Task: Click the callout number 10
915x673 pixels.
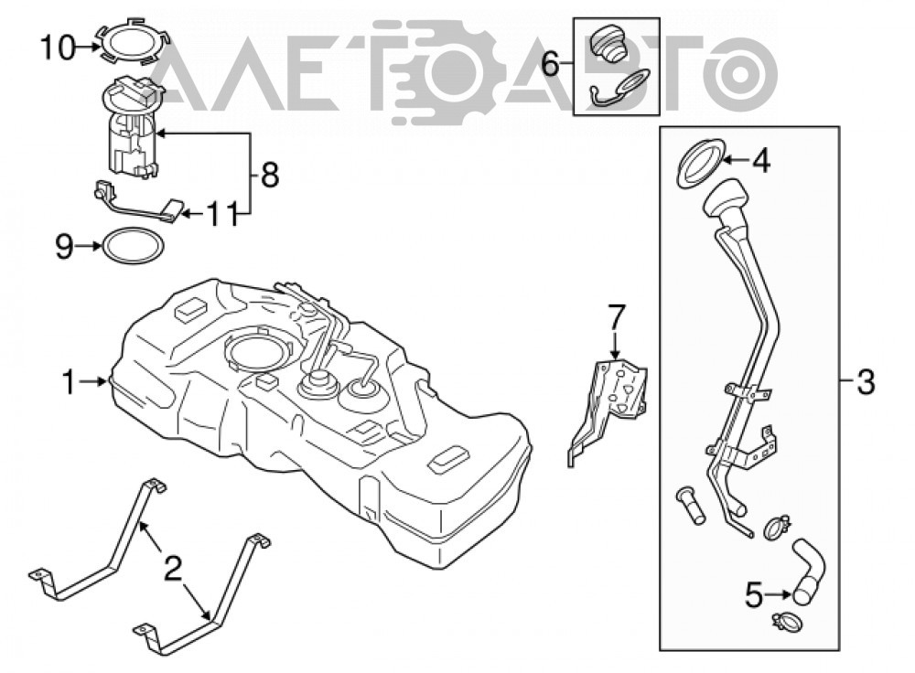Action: coord(58,48)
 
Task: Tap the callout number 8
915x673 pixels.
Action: coord(269,175)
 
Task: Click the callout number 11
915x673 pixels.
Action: coord(223,214)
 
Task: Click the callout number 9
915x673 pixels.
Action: coord(64,247)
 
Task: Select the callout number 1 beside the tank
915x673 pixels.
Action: coord(69,383)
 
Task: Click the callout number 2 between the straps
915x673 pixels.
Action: coord(173,569)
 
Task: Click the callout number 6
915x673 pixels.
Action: coord(550,64)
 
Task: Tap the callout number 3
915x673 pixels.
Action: coord(866,382)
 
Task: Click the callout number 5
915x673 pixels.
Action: coord(754,595)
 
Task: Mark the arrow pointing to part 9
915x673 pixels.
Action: coord(89,246)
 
